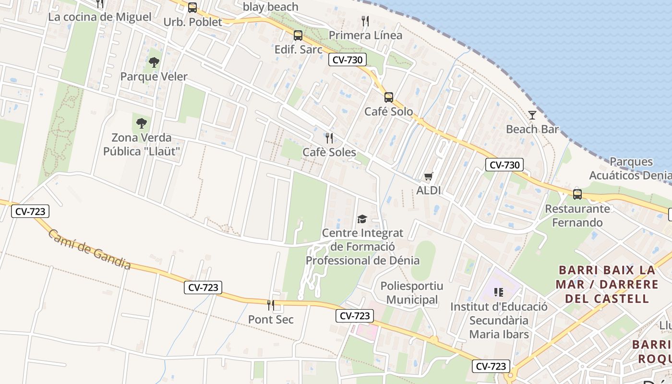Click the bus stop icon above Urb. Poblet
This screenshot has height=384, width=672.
[x=192, y=8]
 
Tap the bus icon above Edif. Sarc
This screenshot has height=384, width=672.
[x=298, y=35]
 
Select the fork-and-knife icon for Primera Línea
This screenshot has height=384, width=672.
[x=365, y=21]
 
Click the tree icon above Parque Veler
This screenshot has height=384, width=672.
[x=154, y=62]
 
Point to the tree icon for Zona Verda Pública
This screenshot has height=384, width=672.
[x=141, y=123]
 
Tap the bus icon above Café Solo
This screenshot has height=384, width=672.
[x=389, y=97]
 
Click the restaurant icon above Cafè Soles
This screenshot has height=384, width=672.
[x=329, y=138]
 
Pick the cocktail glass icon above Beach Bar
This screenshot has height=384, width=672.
[x=532, y=115]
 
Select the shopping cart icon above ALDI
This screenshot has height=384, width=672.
[x=429, y=176]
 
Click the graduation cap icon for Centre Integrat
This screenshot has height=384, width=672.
[x=362, y=219]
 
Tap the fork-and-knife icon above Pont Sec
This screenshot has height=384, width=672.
[x=271, y=305]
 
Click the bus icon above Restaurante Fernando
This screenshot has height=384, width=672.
[x=577, y=194]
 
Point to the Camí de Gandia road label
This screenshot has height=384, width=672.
[x=89, y=250]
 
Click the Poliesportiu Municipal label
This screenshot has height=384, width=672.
[x=412, y=293]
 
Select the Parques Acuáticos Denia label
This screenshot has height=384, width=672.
[x=631, y=168]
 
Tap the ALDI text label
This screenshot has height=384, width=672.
[x=429, y=190]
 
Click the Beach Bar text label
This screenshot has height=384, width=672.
[x=532, y=129]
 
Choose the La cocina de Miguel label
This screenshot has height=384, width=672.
[x=100, y=17]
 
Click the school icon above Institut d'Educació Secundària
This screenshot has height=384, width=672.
[x=499, y=292]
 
